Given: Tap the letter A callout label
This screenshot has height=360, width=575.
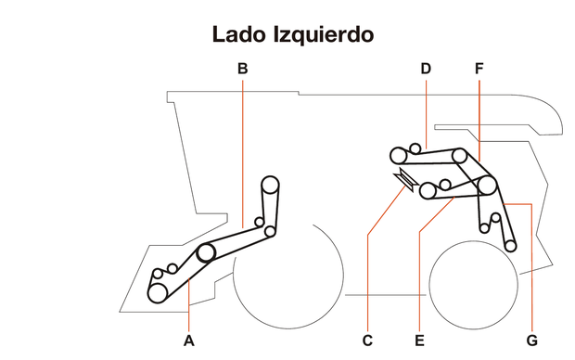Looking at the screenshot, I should pyautogui.click(x=189, y=341).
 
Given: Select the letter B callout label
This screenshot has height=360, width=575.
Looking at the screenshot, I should pyautogui.click(x=241, y=68).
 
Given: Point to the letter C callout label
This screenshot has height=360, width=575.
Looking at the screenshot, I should pyautogui.click(x=367, y=341).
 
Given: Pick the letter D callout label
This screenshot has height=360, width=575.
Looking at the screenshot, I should pyautogui.click(x=426, y=68).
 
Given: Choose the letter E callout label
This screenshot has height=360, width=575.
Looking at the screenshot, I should pyautogui.click(x=419, y=341).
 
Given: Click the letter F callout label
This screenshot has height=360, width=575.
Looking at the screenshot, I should pyautogui.click(x=479, y=68).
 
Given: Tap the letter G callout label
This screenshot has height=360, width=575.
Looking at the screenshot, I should pyautogui.click(x=531, y=341).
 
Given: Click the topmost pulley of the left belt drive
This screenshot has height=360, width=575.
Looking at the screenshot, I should pyautogui.click(x=270, y=184).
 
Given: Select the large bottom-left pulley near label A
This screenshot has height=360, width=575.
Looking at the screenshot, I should pyautogui.click(x=159, y=292).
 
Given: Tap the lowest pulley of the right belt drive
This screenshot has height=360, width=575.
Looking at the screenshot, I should pyautogui.click(x=510, y=246).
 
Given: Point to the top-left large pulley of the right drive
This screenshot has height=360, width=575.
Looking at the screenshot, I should pyautogui.click(x=399, y=154).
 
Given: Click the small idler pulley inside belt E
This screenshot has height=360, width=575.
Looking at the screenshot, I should pyautogui.click(x=445, y=184).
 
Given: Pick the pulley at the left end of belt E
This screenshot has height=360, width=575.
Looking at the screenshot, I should pyautogui.click(x=428, y=191).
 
